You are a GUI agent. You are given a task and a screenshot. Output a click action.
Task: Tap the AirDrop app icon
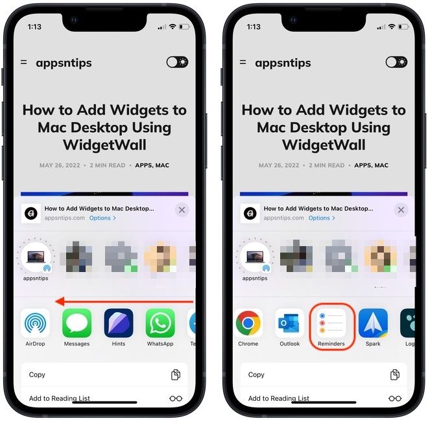[35, 323]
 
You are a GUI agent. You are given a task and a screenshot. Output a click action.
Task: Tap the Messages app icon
[77, 323]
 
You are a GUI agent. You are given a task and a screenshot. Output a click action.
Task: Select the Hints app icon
[118, 323]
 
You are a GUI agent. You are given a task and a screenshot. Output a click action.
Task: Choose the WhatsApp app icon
[160, 323]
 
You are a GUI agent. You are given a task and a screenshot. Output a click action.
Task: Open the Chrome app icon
[248, 323]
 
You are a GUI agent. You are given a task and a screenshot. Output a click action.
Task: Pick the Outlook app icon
[289, 323]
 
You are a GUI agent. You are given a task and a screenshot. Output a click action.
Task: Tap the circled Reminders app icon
[331, 323]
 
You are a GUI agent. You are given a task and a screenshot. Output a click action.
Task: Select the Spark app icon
[373, 323]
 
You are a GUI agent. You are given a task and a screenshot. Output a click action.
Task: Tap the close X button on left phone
[182, 210]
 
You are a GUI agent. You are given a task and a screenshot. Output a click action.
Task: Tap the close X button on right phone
[401, 210]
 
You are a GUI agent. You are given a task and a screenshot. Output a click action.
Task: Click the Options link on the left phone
[102, 218]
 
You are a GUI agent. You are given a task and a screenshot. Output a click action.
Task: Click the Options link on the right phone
[322, 218]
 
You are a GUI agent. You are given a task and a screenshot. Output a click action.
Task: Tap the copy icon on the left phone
[175, 375]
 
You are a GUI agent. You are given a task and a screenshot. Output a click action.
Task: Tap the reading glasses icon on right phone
[394, 398]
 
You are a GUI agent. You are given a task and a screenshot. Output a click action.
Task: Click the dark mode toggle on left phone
[177, 62]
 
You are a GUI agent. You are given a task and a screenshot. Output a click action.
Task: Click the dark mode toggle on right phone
[396, 62]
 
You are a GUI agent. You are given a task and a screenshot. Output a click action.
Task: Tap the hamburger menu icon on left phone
[24, 62]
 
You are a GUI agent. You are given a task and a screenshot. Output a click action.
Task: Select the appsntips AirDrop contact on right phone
[254, 258]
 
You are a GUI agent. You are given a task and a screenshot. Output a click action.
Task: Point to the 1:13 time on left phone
[35, 27]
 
